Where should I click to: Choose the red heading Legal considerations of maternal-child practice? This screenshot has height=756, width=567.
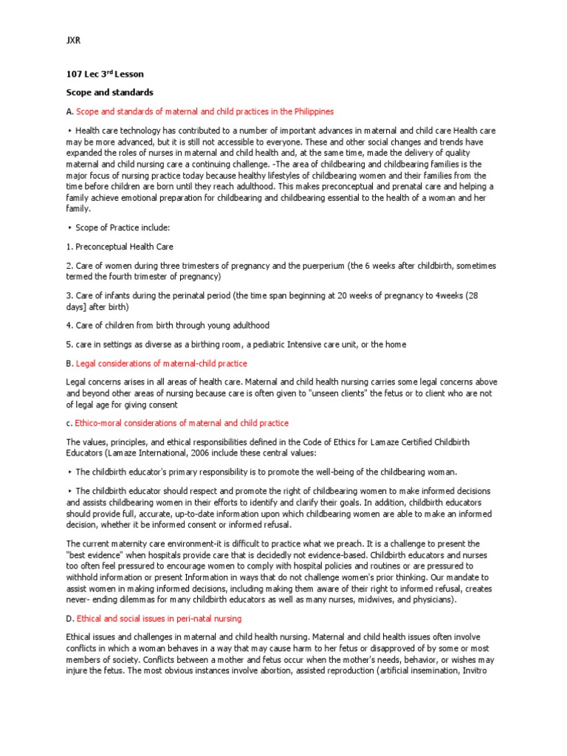[x=162, y=363]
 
